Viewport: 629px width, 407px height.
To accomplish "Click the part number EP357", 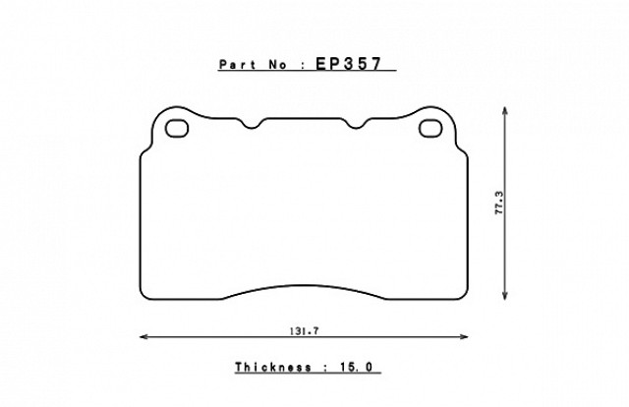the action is [x=348, y=64].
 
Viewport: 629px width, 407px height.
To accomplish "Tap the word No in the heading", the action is [x=277, y=65].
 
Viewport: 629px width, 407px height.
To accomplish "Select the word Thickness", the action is [x=273, y=367].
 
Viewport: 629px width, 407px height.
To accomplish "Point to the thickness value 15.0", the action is [x=357, y=367].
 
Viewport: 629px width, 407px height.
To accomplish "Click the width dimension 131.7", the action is [x=304, y=331].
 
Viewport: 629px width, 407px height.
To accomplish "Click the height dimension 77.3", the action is [x=499, y=203].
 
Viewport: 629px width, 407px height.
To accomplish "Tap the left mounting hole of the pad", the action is [x=177, y=128].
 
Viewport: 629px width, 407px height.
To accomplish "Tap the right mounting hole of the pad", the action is [x=430, y=128].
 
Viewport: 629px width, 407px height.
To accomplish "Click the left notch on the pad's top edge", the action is [x=252, y=127].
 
